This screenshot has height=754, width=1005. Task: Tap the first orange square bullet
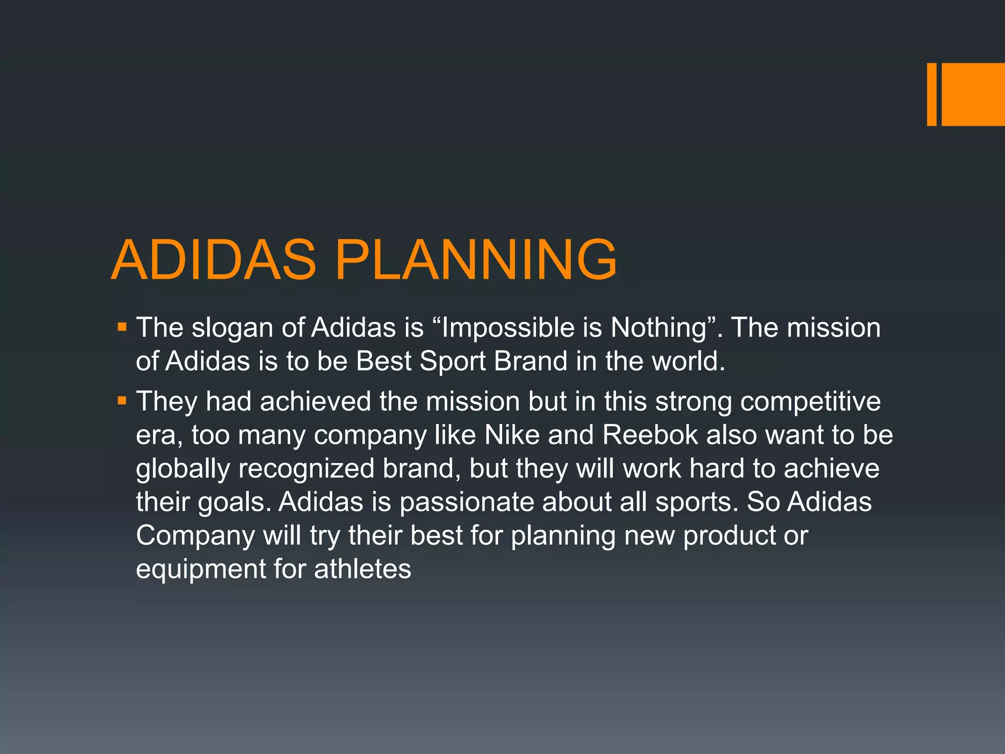point(122,327)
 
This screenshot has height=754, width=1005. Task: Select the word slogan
point(232,328)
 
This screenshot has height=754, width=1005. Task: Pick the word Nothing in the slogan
point(659,327)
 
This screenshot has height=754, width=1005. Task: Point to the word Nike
point(512,435)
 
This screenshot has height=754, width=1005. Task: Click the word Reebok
point(650,435)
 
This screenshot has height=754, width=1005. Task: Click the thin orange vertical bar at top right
point(931,94)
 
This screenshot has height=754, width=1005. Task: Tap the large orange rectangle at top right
point(973,94)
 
